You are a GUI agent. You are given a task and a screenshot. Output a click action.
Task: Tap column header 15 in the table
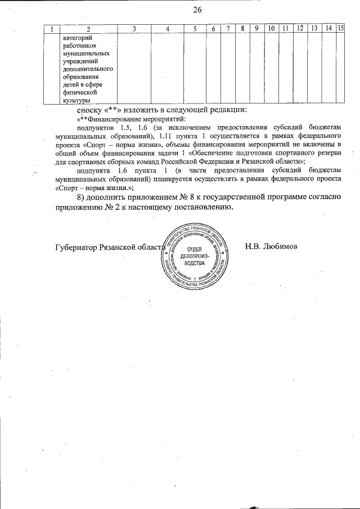(340, 29)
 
